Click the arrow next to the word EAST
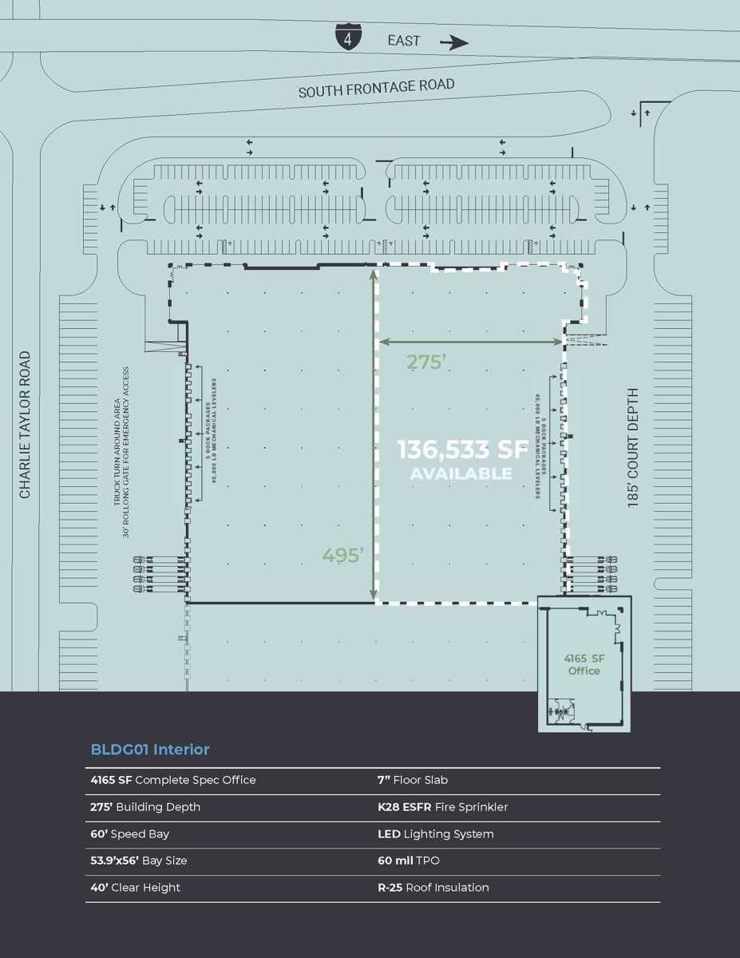click(x=454, y=42)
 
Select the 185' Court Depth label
click(x=633, y=448)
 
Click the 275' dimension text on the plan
click(x=425, y=362)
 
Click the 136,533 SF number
click(x=464, y=450)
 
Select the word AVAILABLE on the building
click(x=461, y=473)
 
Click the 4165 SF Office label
click(x=584, y=664)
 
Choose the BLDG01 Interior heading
click(x=150, y=750)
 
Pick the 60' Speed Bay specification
click(x=129, y=833)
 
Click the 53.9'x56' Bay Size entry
click(x=138, y=861)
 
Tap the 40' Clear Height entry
click(x=135, y=887)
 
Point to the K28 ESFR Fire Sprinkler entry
click(x=442, y=806)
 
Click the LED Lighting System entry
click(x=435, y=833)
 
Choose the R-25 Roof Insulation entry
click(x=433, y=887)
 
